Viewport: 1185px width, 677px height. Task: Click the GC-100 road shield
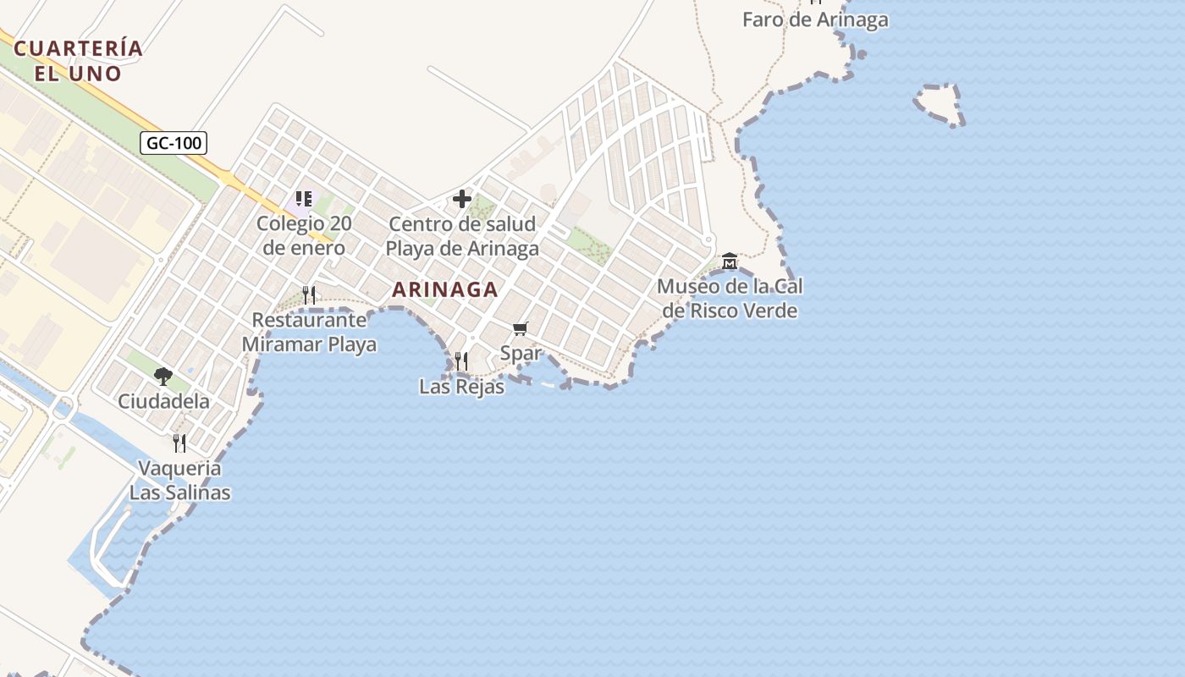(174, 143)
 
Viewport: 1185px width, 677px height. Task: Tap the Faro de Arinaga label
(815, 19)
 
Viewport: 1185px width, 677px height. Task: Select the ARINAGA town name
(445, 289)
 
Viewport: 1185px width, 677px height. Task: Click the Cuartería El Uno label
(79, 60)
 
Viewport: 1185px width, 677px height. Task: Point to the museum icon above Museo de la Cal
(730, 261)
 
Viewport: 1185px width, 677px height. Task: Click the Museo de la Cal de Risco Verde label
(730, 299)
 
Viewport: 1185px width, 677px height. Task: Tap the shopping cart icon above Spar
(521, 328)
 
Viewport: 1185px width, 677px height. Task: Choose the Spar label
(521, 353)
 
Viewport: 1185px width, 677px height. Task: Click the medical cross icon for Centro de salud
(462, 199)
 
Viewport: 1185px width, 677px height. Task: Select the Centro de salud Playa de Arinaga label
(462, 236)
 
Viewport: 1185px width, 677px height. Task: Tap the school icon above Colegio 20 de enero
(304, 200)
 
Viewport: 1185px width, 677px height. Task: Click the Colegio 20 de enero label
(304, 236)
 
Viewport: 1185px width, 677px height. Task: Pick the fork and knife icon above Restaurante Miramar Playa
(309, 294)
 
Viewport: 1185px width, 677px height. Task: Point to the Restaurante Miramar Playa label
(309, 333)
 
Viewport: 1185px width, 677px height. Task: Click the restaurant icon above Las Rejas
(461, 361)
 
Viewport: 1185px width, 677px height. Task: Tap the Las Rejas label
(461, 387)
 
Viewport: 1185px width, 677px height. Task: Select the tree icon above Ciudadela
(163, 376)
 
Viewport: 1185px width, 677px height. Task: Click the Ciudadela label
(163, 401)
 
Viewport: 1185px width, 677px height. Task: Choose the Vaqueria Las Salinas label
(179, 480)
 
